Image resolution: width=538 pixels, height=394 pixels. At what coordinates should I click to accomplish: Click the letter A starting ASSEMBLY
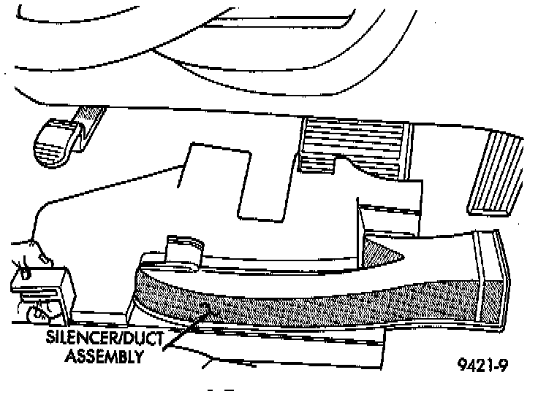71,357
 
